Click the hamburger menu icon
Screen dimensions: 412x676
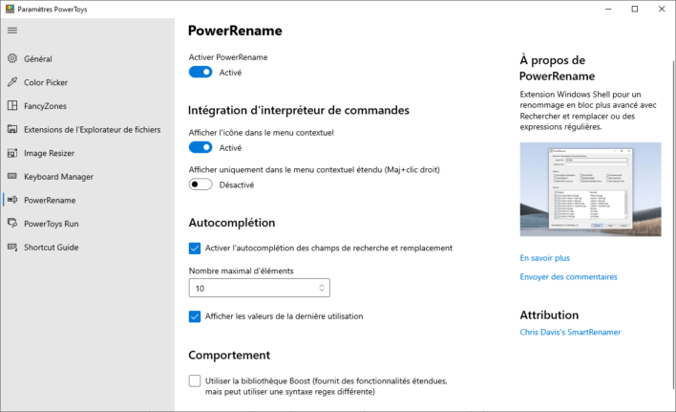(12, 30)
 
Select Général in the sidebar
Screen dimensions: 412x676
(37, 58)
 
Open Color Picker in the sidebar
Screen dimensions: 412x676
(45, 82)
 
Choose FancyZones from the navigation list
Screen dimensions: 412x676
(45, 106)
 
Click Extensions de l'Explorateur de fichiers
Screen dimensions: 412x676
(92, 129)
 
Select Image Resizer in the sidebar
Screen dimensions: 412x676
(49, 153)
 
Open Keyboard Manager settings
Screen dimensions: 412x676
(58, 176)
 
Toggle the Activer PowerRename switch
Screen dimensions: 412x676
(201, 73)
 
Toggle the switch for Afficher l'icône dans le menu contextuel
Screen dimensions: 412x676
(201, 148)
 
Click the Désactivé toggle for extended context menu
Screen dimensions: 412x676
(201, 184)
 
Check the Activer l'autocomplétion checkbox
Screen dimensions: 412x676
(195, 248)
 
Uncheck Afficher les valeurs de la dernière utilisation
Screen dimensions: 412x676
(195, 316)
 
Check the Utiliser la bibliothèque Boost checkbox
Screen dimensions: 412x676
(195, 380)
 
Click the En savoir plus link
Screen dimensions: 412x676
(545, 258)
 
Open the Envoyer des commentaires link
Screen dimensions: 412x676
(568, 277)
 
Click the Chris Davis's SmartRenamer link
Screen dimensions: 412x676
(570, 333)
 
